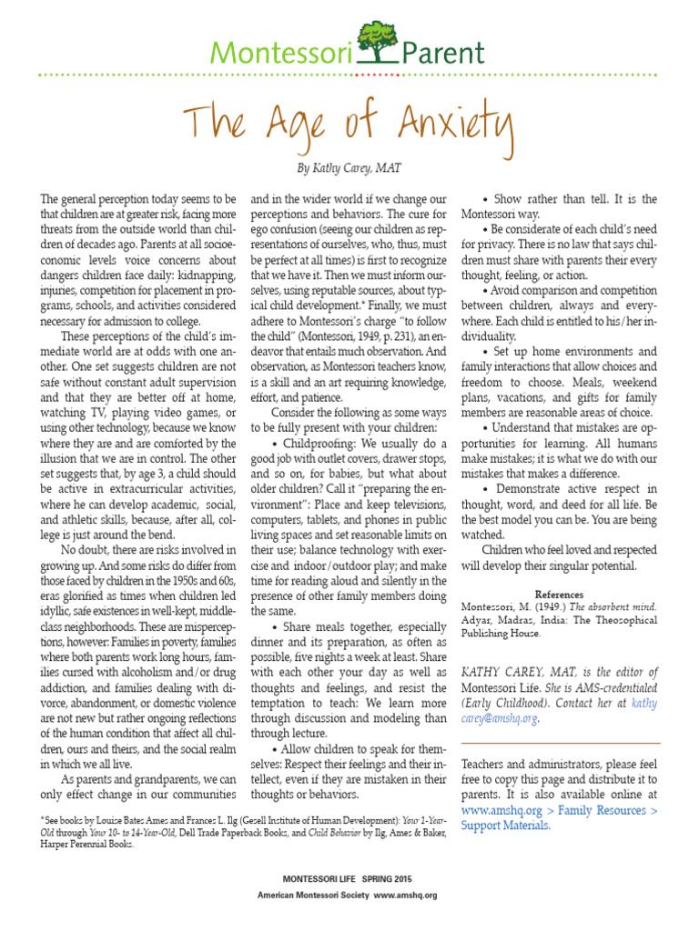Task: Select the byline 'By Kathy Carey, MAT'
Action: [349, 169]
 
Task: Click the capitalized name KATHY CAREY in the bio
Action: [508, 674]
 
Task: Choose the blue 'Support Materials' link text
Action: [505, 826]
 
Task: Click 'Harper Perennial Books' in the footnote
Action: [89, 844]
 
